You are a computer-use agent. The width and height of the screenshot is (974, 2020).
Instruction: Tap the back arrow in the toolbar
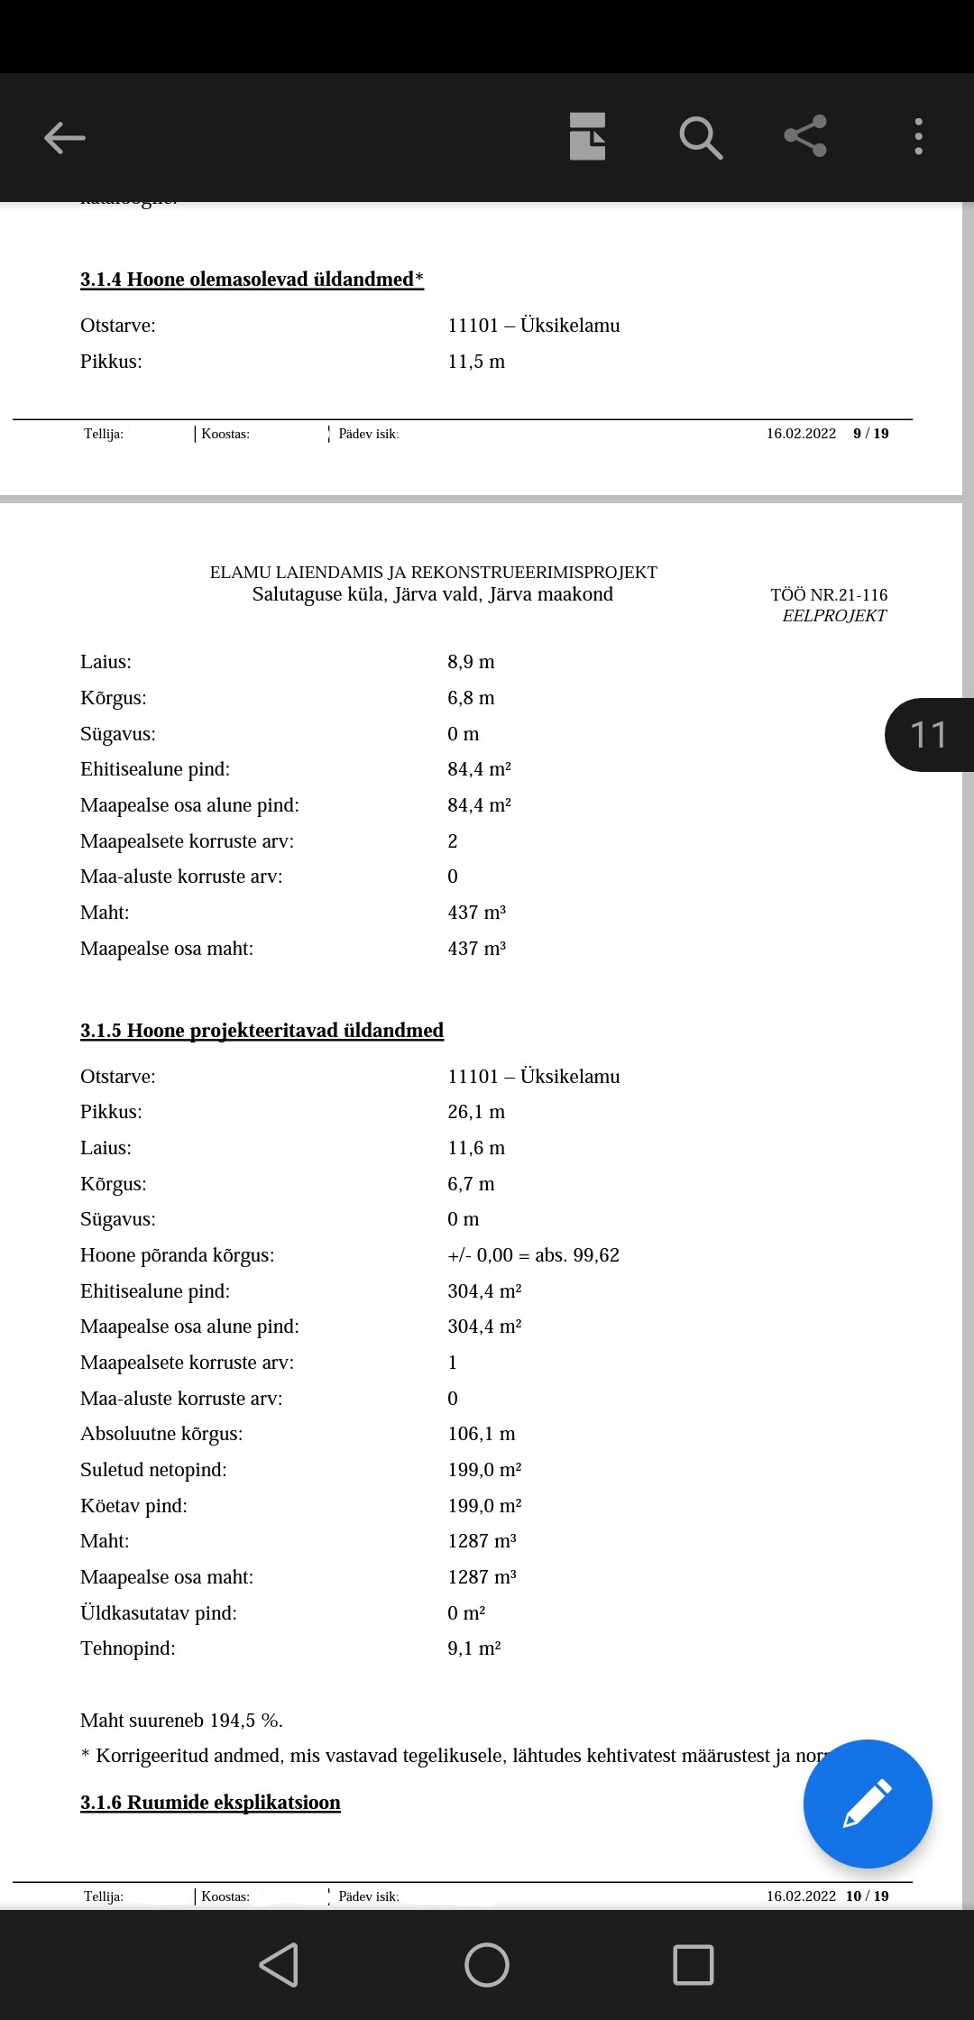point(65,138)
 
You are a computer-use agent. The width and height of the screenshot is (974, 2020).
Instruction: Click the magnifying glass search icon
point(701,138)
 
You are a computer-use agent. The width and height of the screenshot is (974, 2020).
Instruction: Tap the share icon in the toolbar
point(805,136)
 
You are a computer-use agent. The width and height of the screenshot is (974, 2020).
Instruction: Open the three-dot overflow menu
point(918,137)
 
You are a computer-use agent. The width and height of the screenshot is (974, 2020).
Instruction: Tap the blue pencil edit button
point(867,1804)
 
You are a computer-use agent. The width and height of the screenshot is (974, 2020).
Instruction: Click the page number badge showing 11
point(928,735)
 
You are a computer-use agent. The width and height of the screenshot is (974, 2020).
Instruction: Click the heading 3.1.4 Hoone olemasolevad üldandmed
point(252,280)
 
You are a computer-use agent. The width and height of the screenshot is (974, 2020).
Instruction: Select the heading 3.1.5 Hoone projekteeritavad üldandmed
point(262,1031)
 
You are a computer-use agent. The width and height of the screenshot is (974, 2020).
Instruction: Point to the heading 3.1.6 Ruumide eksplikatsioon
point(210,1803)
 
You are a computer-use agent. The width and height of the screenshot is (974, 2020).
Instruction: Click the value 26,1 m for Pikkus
point(476,1112)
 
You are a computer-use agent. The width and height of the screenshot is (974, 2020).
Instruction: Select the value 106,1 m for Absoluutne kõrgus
point(482,1434)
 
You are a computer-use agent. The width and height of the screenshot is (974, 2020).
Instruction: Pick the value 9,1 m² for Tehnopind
point(474,1648)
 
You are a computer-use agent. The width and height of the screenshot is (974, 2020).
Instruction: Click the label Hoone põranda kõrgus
point(178,1255)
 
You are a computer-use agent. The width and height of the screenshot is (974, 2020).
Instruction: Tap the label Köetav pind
point(133,1506)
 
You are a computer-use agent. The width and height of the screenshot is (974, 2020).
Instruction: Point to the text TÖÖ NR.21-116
point(829,595)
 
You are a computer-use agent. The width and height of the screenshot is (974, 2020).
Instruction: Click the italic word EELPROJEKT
point(834,616)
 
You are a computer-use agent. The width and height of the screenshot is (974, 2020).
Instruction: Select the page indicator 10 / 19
point(867,1896)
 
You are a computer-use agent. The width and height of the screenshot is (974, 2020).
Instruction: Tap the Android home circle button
point(487,1965)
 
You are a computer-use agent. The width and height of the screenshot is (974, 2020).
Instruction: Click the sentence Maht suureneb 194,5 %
point(181,1721)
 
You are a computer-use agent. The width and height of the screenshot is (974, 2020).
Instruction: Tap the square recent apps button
point(694,1965)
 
